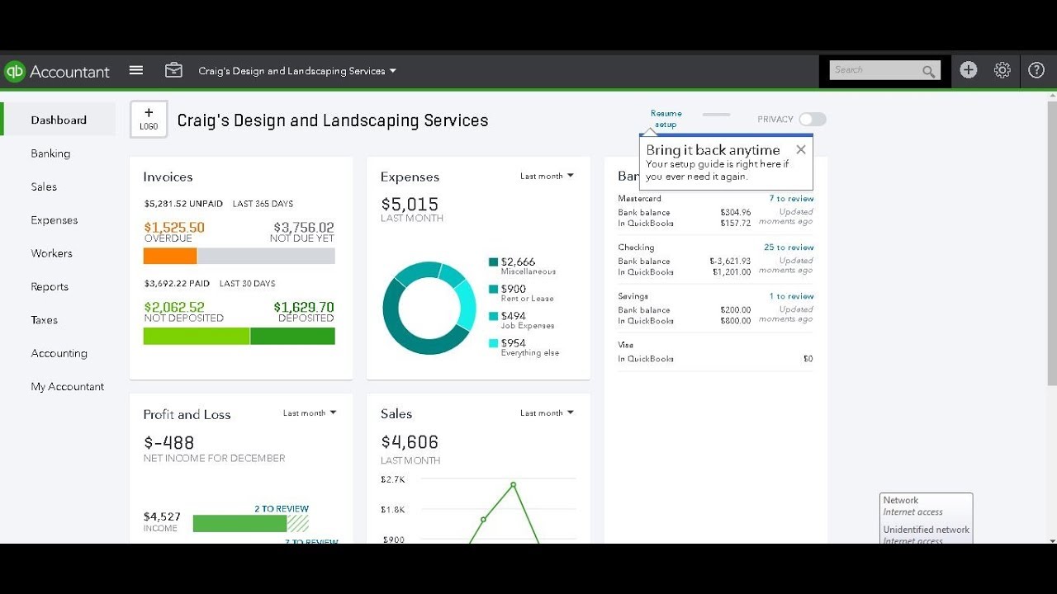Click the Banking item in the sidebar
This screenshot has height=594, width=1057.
[x=50, y=153]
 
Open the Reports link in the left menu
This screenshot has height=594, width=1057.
[x=50, y=286]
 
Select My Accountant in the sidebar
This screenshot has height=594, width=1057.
[x=68, y=386]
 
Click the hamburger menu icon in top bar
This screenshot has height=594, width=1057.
[x=136, y=70]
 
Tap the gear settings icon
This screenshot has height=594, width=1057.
[x=1002, y=70]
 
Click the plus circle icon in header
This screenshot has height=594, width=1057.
[x=969, y=70]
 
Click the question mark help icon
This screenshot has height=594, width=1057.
[x=1036, y=70]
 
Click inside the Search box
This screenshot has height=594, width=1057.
[x=875, y=70]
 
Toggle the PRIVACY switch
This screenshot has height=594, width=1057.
[x=813, y=120]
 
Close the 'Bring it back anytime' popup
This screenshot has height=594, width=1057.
[x=800, y=149]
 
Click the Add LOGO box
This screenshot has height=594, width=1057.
[x=149, y=119]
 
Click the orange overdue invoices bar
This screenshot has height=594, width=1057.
[x=170, y=256]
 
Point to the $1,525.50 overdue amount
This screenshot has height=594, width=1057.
[x=174, y=227]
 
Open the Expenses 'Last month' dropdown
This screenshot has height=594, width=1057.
[x=547, y=176]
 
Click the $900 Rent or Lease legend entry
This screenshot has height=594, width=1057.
[x=513, y=289]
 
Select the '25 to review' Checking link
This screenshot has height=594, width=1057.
[x=789, y=247]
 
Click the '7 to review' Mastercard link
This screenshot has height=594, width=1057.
[x=791, y=198]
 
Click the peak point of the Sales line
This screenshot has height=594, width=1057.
[x=514, y=484]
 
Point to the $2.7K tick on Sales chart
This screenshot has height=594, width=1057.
[x=392, y=479]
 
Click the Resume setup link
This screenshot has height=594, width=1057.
[x=666, y=119]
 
